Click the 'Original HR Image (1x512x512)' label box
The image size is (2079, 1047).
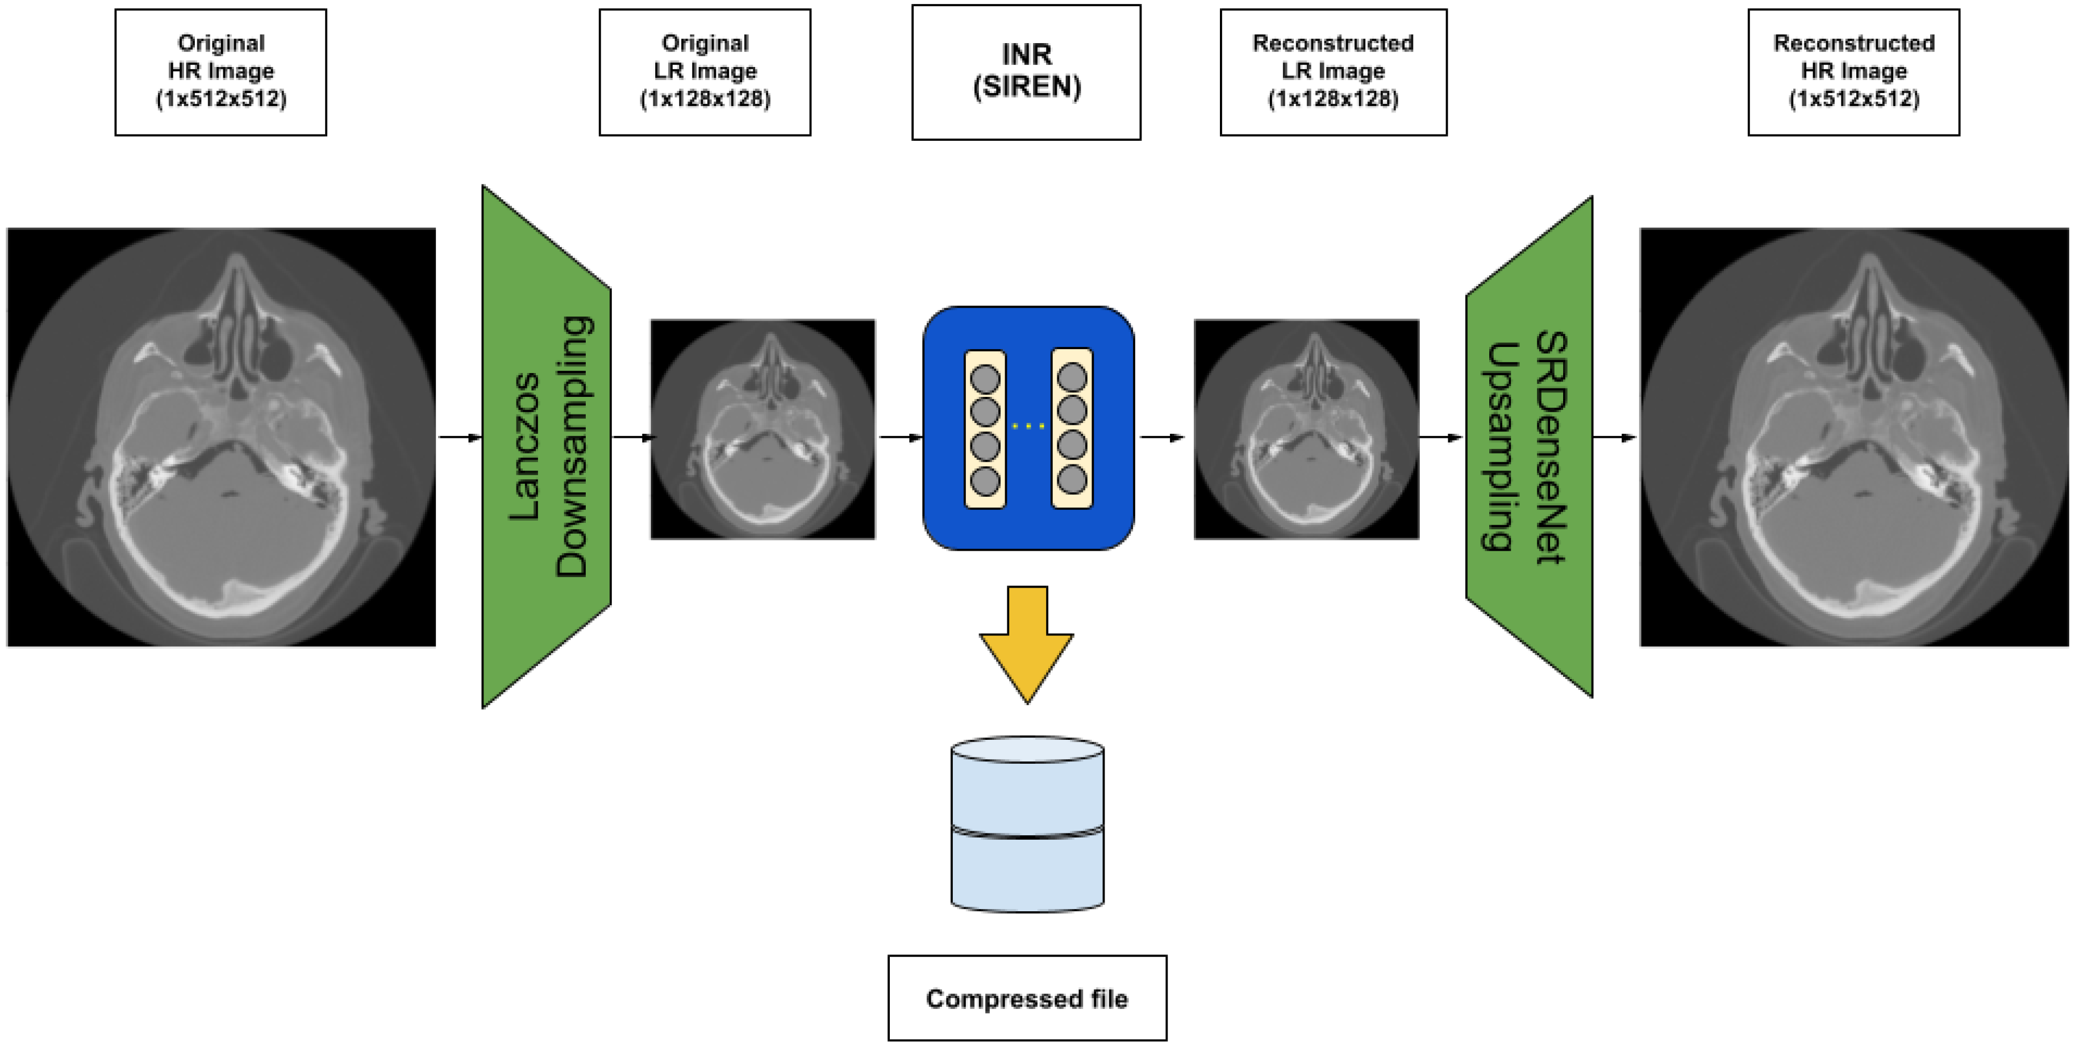220,72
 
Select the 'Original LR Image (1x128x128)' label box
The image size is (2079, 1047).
705,72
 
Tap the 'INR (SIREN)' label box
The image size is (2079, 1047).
1026,72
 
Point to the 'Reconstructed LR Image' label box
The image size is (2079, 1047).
1334,72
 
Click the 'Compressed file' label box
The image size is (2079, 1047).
1027,998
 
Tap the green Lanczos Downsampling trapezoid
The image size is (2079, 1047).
547,446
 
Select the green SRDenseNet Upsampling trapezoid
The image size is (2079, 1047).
1530,446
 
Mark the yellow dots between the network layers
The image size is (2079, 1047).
1028,425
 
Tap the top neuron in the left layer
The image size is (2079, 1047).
985,378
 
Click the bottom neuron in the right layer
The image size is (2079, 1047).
1072,481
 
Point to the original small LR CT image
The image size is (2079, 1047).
763,429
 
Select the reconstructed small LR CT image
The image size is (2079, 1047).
1306,429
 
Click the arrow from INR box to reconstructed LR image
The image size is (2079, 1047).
1162,437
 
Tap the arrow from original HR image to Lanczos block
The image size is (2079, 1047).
459,437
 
